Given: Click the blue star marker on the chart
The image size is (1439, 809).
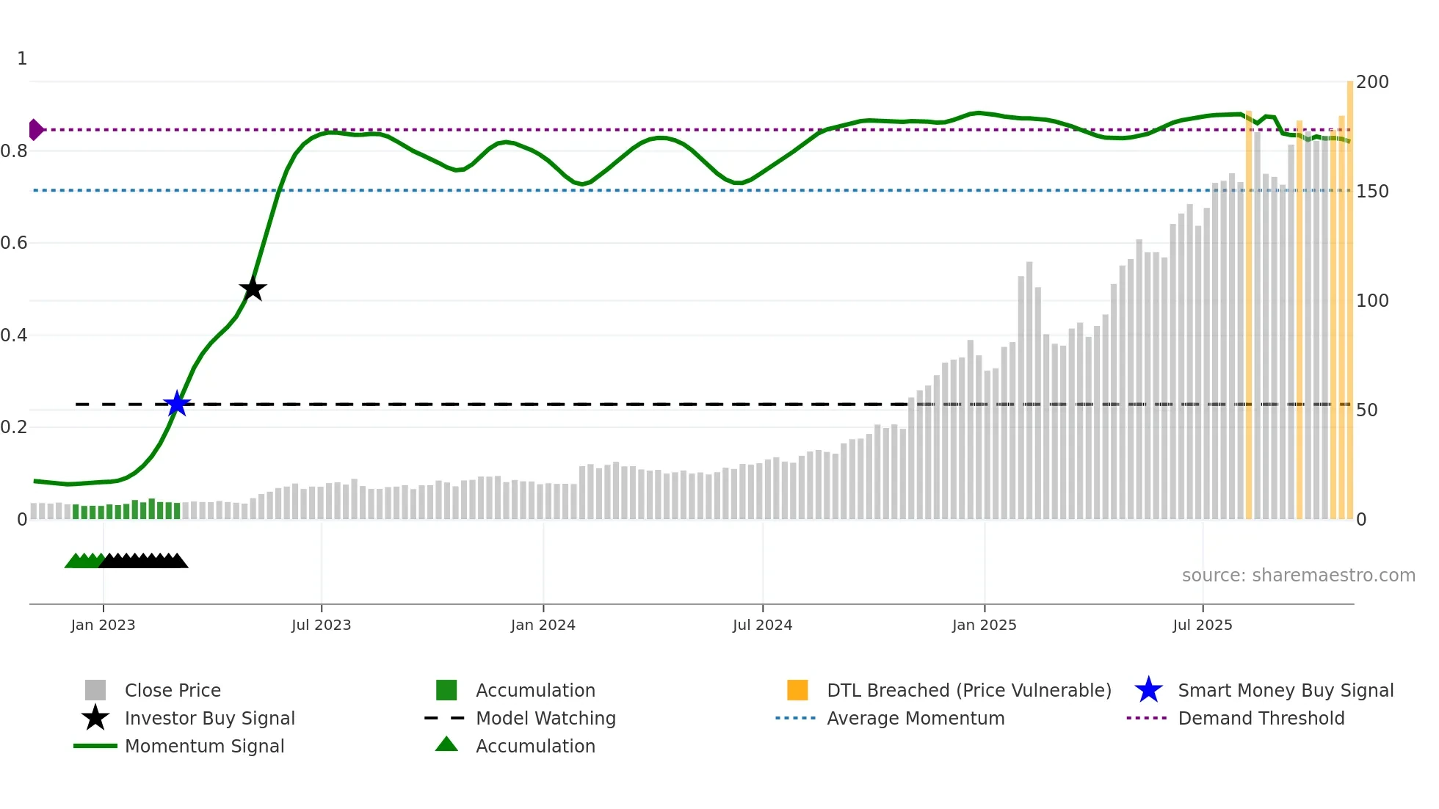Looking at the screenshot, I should (177, 404).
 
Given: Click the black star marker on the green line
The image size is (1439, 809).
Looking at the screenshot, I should (253, 289).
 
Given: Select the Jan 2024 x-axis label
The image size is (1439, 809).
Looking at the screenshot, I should (543, 625).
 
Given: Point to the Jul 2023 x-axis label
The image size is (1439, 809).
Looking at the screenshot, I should (321, 625).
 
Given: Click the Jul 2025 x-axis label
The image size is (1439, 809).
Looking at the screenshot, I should (1202, 625).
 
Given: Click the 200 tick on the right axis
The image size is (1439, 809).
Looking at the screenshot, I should (1371, 82).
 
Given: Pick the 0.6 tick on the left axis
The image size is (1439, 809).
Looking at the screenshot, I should (14, 243).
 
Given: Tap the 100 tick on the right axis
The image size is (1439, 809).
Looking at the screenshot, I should (1371, 301).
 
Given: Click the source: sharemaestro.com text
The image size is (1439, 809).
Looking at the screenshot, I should (1298, 576).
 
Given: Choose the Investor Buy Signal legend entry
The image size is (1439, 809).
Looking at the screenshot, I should (209, 719).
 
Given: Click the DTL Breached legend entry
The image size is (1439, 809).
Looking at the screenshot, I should (968, 691).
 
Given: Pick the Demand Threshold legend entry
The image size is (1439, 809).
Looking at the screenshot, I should (1261, 719).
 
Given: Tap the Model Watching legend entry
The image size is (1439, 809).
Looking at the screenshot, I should (545, 719).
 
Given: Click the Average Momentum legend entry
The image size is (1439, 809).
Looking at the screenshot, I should (915, 719).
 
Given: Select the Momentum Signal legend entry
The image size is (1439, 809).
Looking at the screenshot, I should (204, 747).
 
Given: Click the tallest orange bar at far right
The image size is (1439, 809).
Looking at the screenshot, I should (1349, 294).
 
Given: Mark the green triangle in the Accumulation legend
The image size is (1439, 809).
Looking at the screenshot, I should (446, 745).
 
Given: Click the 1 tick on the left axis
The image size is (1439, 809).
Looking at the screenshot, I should (22, 59).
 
